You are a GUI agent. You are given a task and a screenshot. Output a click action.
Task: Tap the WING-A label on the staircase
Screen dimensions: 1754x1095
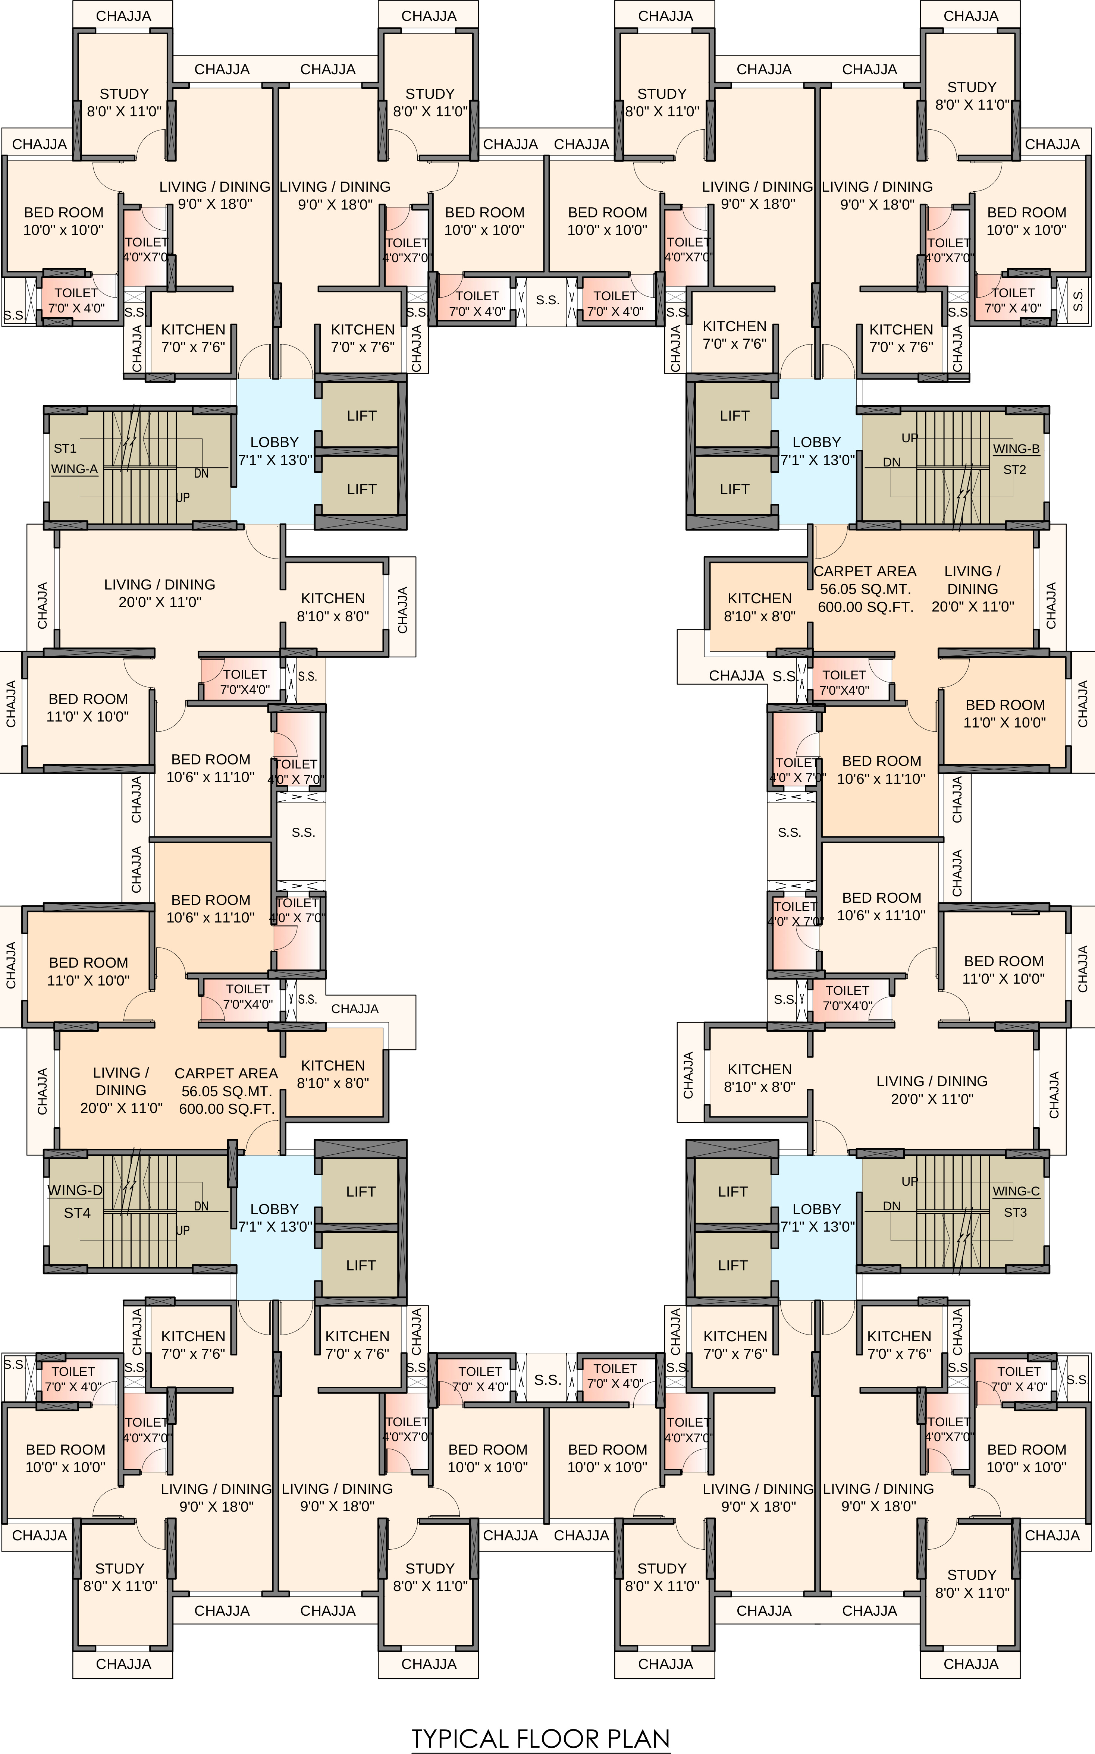click(x=74, y=469)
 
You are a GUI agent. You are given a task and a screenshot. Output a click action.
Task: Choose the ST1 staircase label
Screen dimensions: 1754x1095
click(x=65, y=449)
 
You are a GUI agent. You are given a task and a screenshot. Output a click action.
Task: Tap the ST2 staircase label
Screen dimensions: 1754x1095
click(x=1014, y=470)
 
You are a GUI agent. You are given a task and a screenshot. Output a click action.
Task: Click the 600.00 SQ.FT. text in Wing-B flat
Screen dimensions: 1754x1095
click(x=865, y=607)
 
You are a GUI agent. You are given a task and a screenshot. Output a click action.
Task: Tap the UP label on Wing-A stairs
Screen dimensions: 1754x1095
click(x=182, y=498)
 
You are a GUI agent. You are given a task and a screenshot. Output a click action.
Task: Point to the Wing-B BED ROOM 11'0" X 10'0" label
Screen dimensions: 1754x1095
click(x=1004, y=713)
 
